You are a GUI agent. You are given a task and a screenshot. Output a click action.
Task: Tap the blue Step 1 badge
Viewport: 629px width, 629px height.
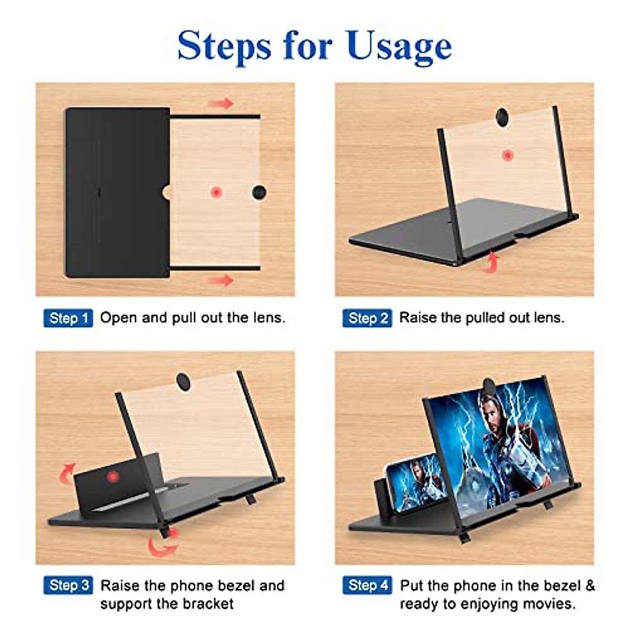click(68, 318)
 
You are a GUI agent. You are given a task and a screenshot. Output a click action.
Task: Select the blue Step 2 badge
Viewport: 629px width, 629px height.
click(367, 318)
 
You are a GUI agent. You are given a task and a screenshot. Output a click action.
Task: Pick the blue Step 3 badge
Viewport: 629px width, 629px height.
click(68, 585)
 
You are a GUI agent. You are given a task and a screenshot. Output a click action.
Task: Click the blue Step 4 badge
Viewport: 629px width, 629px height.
click(367, 585)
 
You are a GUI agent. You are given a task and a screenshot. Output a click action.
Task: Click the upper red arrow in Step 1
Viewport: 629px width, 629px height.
click(222, 103)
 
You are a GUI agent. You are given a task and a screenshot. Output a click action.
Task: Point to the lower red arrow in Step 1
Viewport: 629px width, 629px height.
click(222, 280)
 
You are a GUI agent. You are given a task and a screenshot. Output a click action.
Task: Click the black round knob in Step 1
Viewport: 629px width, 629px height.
click(259, 192)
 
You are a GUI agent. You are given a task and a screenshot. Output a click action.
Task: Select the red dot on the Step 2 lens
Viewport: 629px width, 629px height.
click(507, 155)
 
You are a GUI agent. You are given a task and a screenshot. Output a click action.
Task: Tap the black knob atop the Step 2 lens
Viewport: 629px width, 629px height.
click(502, 116)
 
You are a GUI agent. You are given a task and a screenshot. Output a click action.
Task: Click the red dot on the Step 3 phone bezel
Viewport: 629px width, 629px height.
click(112, 477)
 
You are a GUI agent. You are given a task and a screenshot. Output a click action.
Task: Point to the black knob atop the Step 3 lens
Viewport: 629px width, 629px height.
click(183, 381)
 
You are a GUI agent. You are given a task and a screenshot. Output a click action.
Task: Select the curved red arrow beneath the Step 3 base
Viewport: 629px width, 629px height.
click(161, 547)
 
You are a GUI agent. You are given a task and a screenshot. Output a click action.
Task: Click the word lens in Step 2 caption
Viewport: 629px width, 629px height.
click(549, 318)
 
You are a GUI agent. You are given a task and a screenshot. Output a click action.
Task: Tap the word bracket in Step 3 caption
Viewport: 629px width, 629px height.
click(207, 604)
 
